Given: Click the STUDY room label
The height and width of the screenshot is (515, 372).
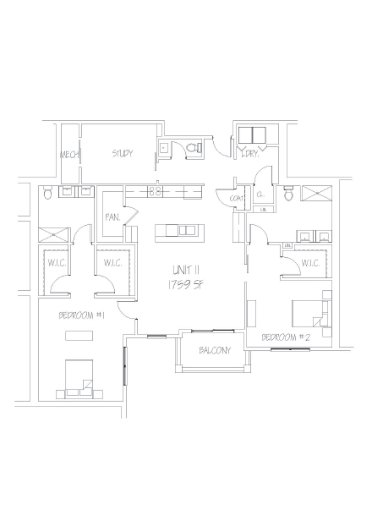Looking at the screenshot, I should [x=123, y=154].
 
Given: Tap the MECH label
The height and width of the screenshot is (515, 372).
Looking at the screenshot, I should [x=68, y=156].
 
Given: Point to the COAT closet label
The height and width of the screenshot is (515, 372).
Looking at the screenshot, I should [x=237, y=199].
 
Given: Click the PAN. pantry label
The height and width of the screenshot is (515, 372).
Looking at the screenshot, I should [x=112, y=217].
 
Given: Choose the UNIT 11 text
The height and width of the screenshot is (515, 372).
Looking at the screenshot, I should [x=184, y=269].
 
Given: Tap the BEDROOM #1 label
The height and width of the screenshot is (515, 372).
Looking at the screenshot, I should [x=81, y=315].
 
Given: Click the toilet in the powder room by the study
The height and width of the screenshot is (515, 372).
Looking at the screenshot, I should [x=193, y=149].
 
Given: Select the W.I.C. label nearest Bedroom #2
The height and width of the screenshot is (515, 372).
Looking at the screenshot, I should [x=309, y=264].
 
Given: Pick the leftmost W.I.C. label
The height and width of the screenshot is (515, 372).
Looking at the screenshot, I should [x=57, y=264].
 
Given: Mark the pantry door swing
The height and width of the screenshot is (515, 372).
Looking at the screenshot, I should [x=131, y=216].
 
